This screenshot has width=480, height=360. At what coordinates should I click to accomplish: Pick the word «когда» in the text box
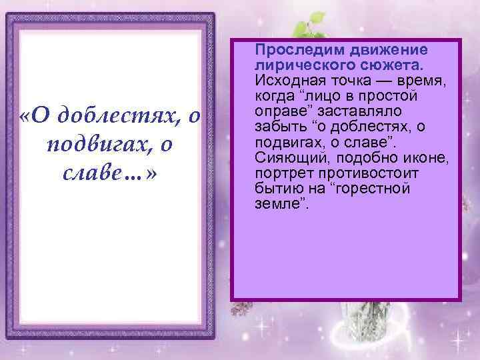271,96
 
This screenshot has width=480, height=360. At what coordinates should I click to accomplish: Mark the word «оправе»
275,111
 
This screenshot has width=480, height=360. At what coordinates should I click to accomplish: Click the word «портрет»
278,173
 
